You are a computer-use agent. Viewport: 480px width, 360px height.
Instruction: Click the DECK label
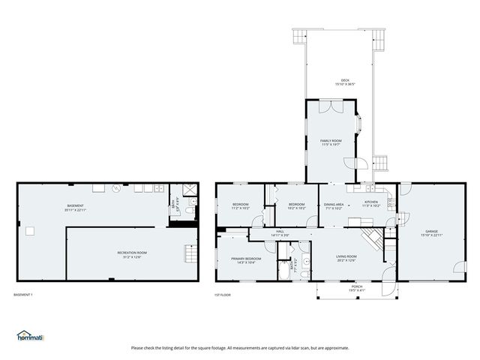click(x=345, y=80)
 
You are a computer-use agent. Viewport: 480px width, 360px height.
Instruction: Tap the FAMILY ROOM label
click(x=331, y=140)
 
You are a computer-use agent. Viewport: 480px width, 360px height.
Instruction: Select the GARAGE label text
click(x=432, y=231)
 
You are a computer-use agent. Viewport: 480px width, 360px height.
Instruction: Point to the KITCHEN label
click(x=372, y=202)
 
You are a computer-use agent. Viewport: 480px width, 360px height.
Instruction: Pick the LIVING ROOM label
click(x=346, y=256)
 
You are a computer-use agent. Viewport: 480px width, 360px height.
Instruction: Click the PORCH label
click(x=356, y=286)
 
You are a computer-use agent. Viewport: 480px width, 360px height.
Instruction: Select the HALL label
click(x=280, y=232)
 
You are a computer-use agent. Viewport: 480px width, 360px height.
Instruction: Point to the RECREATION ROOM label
click(x=132, y=253)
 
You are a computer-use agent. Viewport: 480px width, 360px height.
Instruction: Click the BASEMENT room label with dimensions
click(x=75, y=205)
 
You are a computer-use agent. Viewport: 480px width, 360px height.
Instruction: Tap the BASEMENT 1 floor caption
click(x=23, y=295)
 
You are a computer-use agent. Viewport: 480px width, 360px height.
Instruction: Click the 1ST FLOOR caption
click(x=223, y=295)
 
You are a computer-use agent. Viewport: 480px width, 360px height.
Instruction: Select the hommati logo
click(x=31, y=336)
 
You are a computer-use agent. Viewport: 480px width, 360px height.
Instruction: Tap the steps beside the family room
click(x=380, y=162)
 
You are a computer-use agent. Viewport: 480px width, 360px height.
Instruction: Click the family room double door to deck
click(x=331, y=106)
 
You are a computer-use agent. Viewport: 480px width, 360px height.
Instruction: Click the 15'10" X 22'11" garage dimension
click(x=432, y=235)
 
